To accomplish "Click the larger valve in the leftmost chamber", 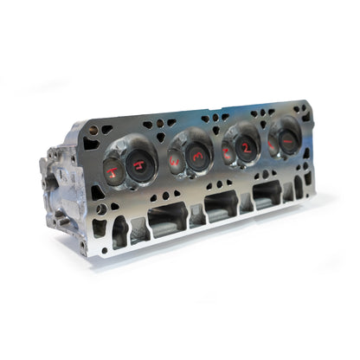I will point(140,164).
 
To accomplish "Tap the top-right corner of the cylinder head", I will point(306,101).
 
